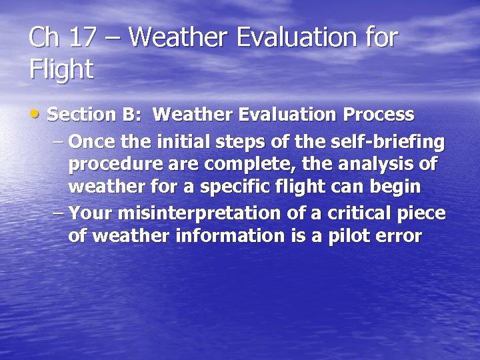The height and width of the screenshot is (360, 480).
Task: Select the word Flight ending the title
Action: click(x=61, y=69)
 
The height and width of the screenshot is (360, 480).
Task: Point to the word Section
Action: click(x=83, y=115)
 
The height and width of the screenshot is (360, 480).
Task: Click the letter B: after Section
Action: click(x=131, y=115)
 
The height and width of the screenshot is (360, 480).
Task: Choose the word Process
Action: click(x=378, y=115)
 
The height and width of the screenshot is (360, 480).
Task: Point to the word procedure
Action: click(x=115, y=164)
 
